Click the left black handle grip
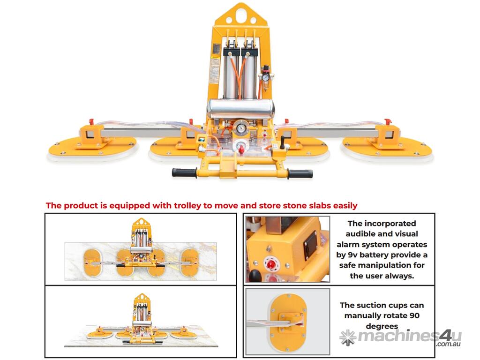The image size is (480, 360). tap(184, 172)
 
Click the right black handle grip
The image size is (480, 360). tap(300, 174)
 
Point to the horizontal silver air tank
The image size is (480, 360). tap(240, 109)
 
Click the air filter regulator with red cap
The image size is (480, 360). tap(265, 76)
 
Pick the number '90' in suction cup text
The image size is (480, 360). tap(414, 315)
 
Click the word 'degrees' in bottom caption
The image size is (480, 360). tap(382, 326)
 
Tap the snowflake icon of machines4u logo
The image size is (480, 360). tap(348, 337)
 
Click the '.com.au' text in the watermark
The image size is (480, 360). tap(449, 344)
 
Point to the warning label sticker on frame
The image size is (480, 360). tap(215, 70)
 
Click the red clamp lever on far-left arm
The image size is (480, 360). tap(91, 122)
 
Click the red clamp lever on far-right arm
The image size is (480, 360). tap(388, 121)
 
